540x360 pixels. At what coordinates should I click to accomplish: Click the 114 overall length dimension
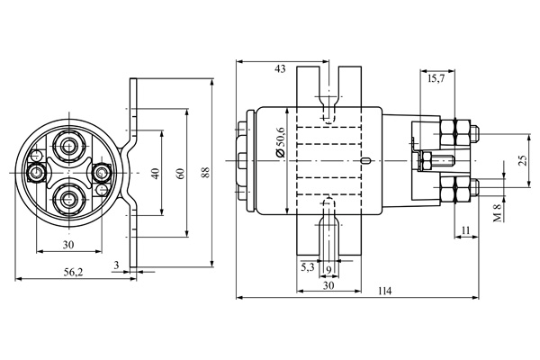pyautogui.click(x=384, y=291)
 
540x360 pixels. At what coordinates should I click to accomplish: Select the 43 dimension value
pyautogui.click(x=280, y=69)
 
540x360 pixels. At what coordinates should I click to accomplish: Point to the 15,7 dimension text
pyautogui.click(x=436, y=78)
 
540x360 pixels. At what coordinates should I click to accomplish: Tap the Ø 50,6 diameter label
pyautogui.click(x=281, y=142)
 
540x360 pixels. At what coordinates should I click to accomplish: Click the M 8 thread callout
pyautogui.click(x=498, y=213)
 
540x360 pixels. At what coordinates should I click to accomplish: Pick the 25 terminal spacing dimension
pyautogui.click(x=523, y=160)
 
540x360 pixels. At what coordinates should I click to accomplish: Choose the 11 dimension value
pyautogui.click(x=465, y=230)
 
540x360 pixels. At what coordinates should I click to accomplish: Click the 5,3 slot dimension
pyautogui.click(x=308, y=267)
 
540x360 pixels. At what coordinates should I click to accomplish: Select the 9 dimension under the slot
pyautogui.click(x=328, y=270)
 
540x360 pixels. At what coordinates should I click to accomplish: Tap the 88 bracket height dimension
pyautogui.click(x=205, y=172)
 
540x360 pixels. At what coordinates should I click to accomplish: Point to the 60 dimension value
pyautogui.click(x=180, y=174)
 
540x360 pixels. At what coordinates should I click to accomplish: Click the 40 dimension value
pyautogui.click(x=156, y=174)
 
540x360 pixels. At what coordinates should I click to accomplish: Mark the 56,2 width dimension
pyautogui.click(x=74, y=272)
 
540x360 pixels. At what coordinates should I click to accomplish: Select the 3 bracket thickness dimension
pyautogui.click(x=116, y=265)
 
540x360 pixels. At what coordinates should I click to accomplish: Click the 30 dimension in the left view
pyautogui.click(x=68, y=245)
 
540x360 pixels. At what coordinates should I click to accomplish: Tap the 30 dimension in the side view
pyautogui.click(x=328, y=285)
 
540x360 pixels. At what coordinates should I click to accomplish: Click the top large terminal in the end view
pyautogui.click(x=69, y=147)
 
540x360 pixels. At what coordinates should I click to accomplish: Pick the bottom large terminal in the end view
pyautogui.click(x=69, y=198)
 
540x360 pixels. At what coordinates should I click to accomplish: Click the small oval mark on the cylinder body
pyautogui.click(x=365, y=160)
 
